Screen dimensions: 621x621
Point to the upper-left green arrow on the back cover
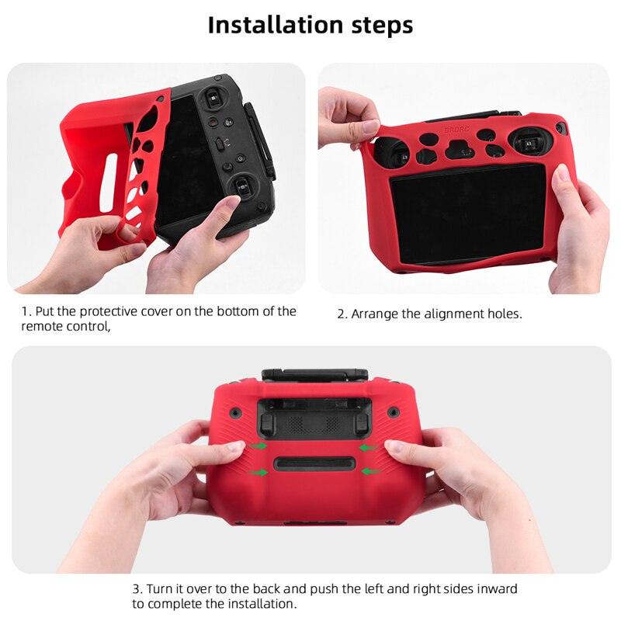(258, 446)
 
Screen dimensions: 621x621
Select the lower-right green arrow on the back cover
(369, 470)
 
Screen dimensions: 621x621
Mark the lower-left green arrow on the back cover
(260, 470)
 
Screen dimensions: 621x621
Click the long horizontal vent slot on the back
(314, 464)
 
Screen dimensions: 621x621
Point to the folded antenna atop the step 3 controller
(314, 375)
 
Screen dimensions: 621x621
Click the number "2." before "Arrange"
(342, 314)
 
